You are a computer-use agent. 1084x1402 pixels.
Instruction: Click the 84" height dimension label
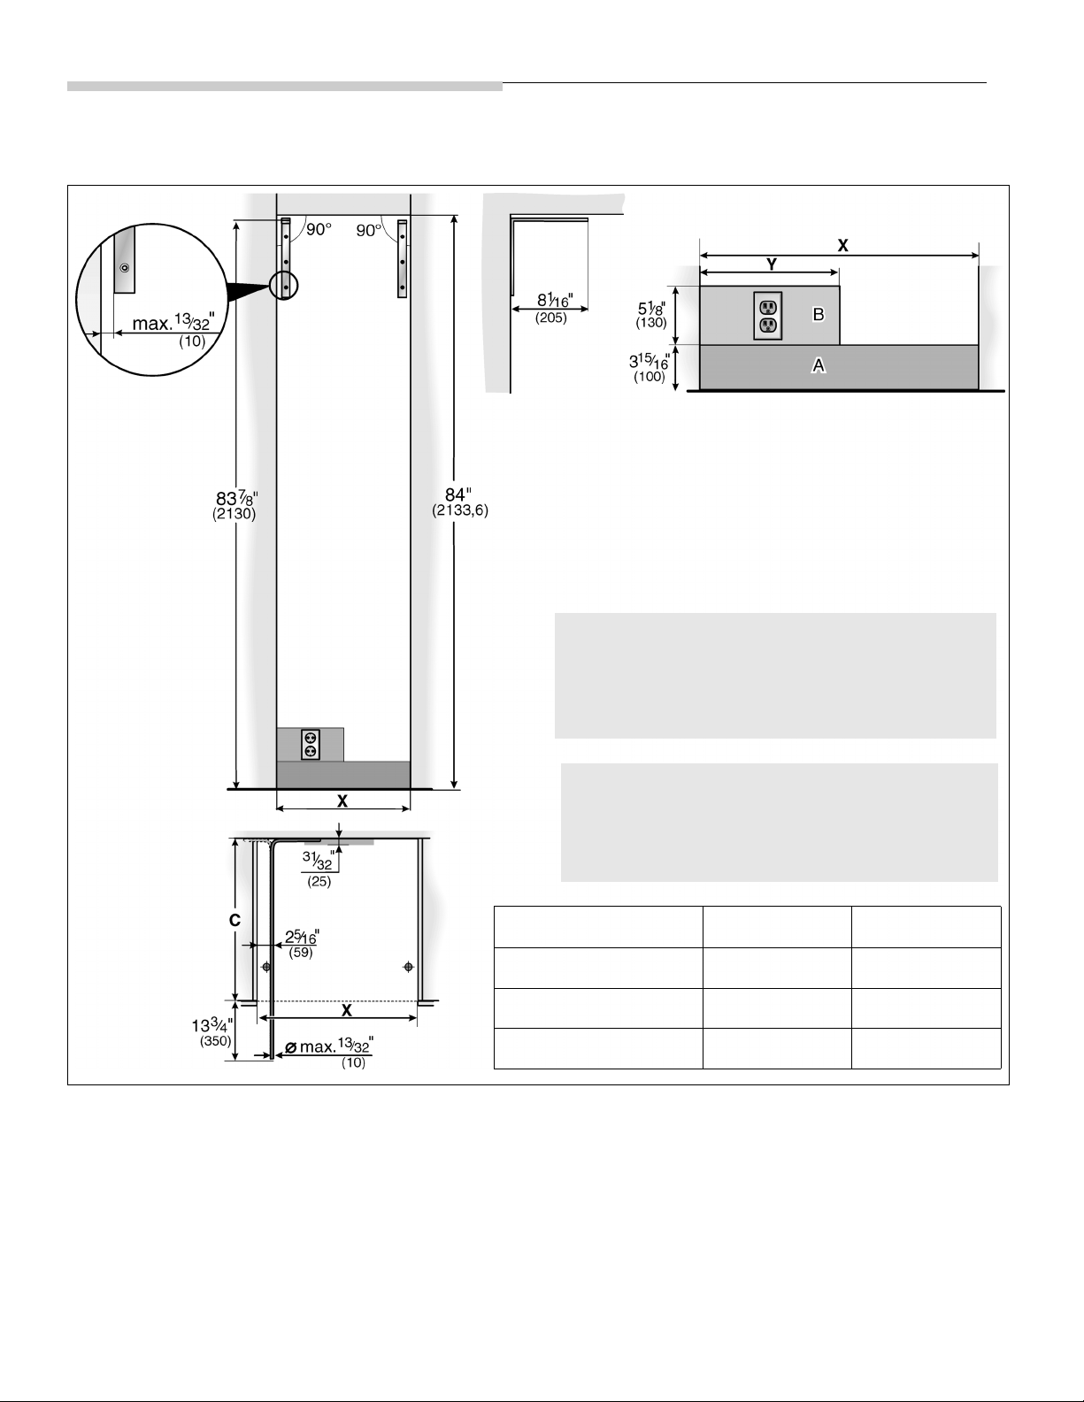point(460,502)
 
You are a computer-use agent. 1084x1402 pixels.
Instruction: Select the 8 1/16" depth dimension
point(553,308)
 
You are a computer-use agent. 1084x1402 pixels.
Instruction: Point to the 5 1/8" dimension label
point(651,315)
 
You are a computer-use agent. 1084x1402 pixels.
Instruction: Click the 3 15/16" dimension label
point(650,368)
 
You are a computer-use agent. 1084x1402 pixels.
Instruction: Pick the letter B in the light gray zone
point(819,314)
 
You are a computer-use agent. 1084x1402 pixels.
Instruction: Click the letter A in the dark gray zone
point(819,366)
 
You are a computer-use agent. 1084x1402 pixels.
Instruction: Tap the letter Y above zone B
point(771,264)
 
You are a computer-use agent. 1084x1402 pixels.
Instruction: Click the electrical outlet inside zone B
point(768,316)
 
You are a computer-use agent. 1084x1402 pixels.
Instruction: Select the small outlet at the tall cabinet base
point(311,745)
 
